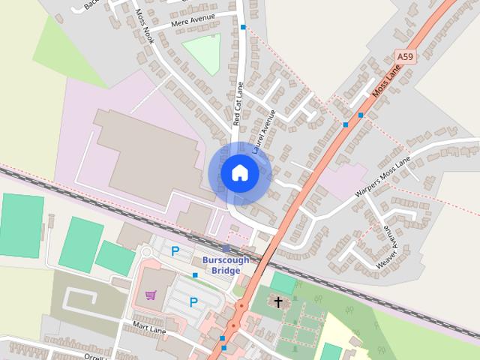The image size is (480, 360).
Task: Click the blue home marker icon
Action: coord(239,173)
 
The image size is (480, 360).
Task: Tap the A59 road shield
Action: coord(405,56)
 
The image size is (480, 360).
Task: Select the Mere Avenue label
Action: coord(193,19)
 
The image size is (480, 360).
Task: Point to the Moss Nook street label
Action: coord(144,25)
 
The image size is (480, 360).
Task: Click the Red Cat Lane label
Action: coord(238,103)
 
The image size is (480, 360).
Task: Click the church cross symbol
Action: coord(278,302)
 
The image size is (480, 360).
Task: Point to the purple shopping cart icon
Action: coord(151,295)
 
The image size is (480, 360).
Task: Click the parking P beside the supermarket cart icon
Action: coord(193,302)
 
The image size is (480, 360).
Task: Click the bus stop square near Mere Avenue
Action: coord(242,27)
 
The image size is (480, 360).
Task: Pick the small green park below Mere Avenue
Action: coord(202,54)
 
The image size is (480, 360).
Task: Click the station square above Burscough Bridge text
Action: coord(226,248)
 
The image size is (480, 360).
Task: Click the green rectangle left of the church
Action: coord(283,283)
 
